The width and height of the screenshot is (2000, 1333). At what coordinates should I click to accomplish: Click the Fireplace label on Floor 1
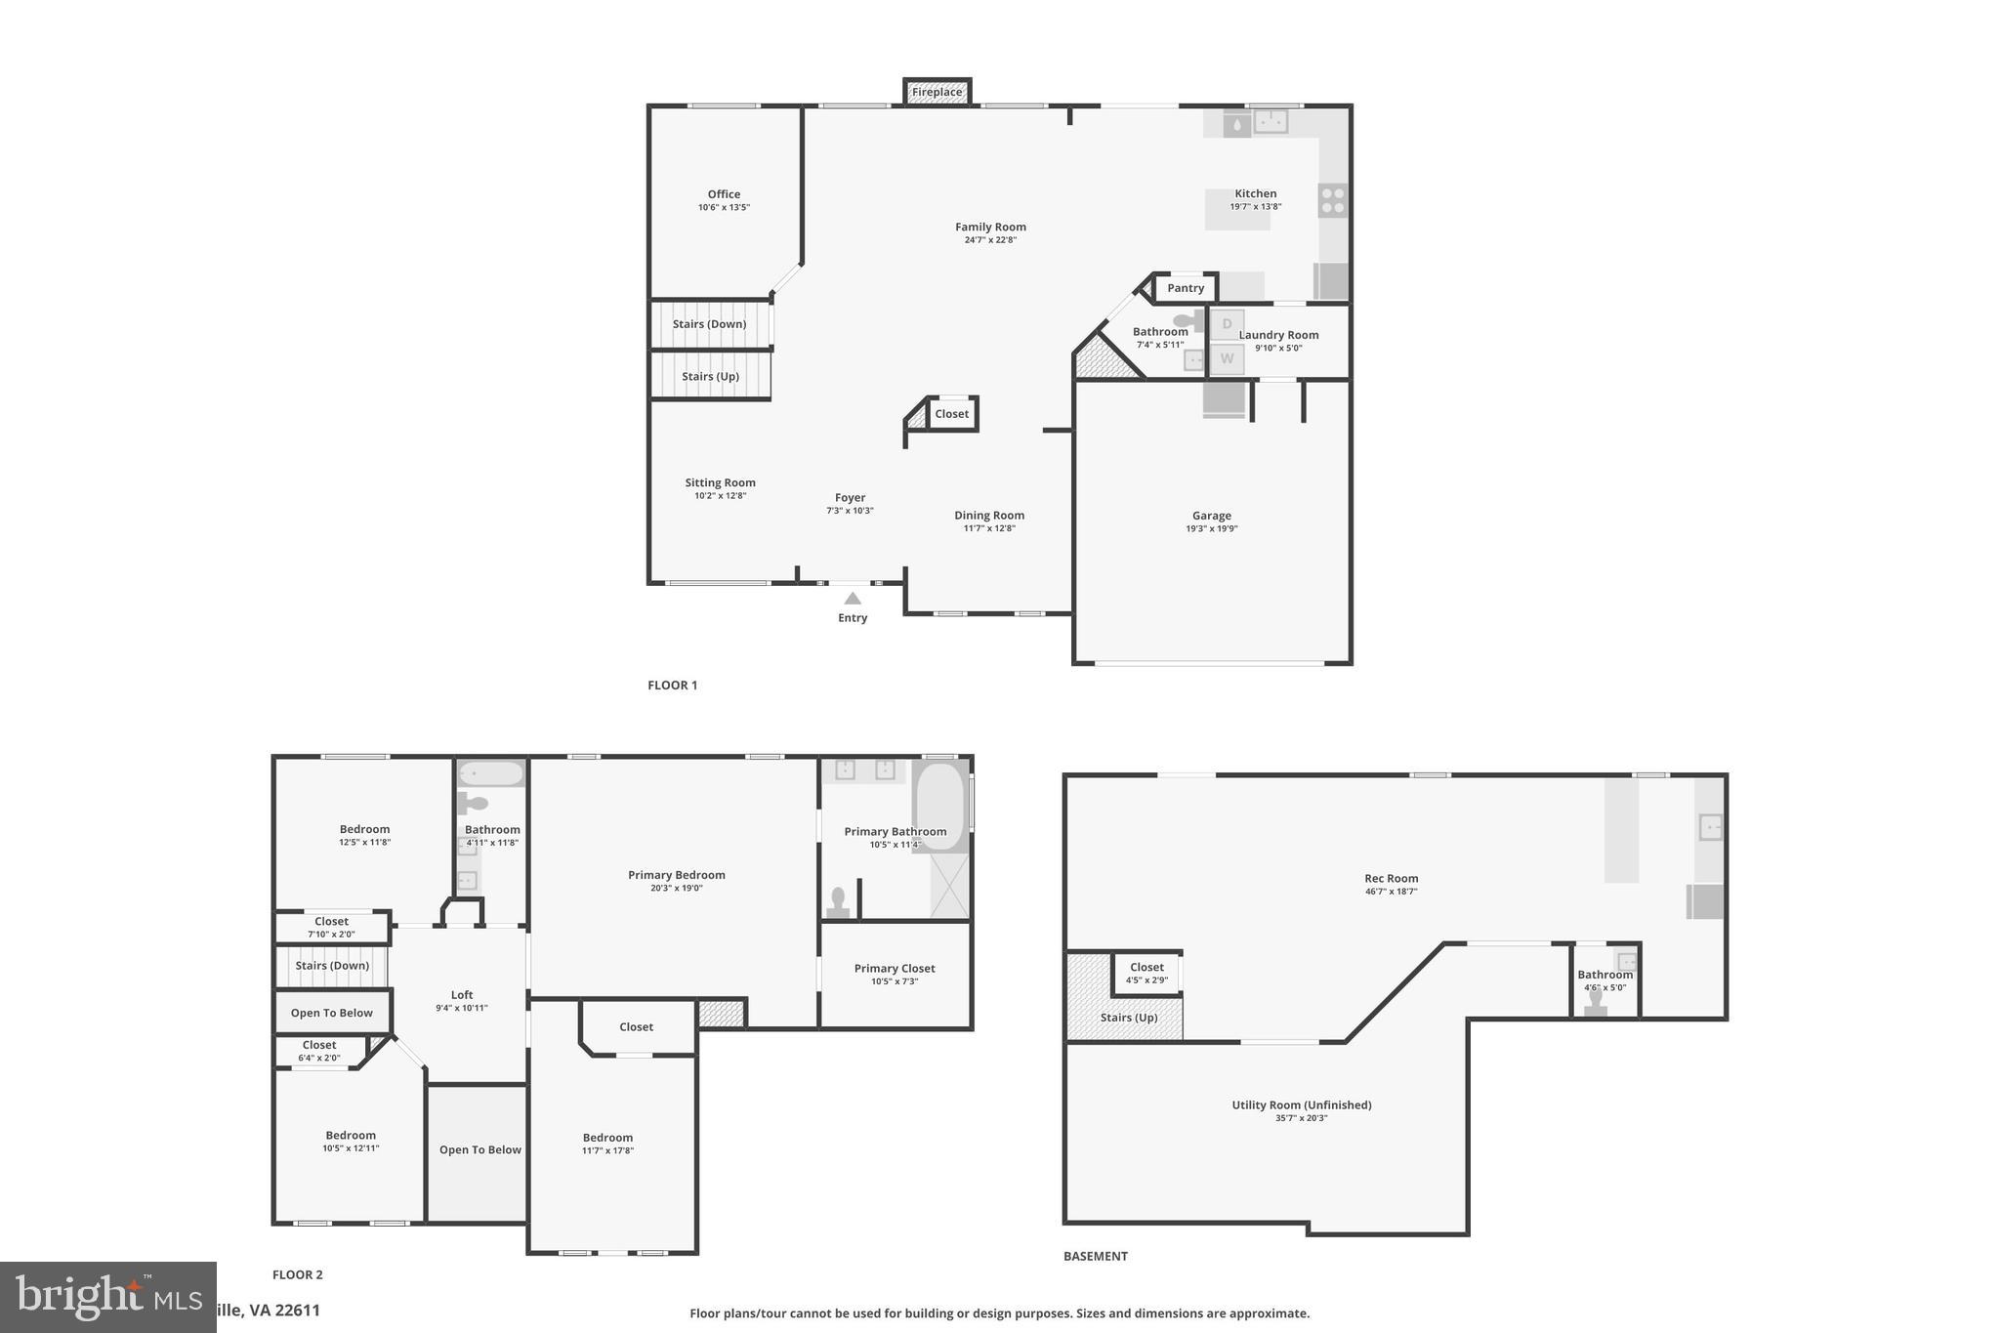click(x=937, y=93)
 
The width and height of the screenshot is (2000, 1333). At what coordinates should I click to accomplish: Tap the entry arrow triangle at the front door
click(x=853, y=598)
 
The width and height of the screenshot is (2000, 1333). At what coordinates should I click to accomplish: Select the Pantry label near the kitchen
click(x=1186, y=288)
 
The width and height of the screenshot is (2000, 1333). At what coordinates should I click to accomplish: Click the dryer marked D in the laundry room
click(x=1228, y=324)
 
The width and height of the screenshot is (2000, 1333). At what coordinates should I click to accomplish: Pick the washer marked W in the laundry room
click(x=1228, y=358)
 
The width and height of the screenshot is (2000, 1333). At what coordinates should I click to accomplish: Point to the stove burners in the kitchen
click(x=1333, y=201)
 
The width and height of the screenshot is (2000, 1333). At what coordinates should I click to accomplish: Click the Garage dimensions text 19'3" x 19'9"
click(x=1211, y=529)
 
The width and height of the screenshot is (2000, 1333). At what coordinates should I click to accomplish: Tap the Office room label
click(x=724, y=194)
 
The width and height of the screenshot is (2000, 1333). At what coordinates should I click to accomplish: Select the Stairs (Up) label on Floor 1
click(x=710, y=377)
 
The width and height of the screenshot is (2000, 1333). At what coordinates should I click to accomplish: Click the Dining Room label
click(x=989, y=516)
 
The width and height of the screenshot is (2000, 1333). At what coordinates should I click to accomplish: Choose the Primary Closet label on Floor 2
click(x=895, y=969)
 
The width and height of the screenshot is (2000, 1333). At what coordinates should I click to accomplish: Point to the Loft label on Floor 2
click(x=462, y=995)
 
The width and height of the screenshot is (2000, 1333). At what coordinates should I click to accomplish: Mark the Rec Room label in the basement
click(x=1391, y=878)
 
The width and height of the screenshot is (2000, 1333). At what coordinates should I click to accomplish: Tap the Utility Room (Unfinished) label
click(x=1301, y=1105)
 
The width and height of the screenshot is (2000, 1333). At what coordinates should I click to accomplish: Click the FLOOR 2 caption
click(x=297, y=1274)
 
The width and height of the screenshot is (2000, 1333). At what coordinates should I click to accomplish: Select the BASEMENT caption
click(x=1095, y=1257)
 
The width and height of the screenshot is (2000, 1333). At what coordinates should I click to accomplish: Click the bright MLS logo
click(x=107, y=1297)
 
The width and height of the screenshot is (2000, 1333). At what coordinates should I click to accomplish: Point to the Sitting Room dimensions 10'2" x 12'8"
click(x=720, y=496)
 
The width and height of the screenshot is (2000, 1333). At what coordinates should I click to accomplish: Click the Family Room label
click(x=990, y=228)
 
